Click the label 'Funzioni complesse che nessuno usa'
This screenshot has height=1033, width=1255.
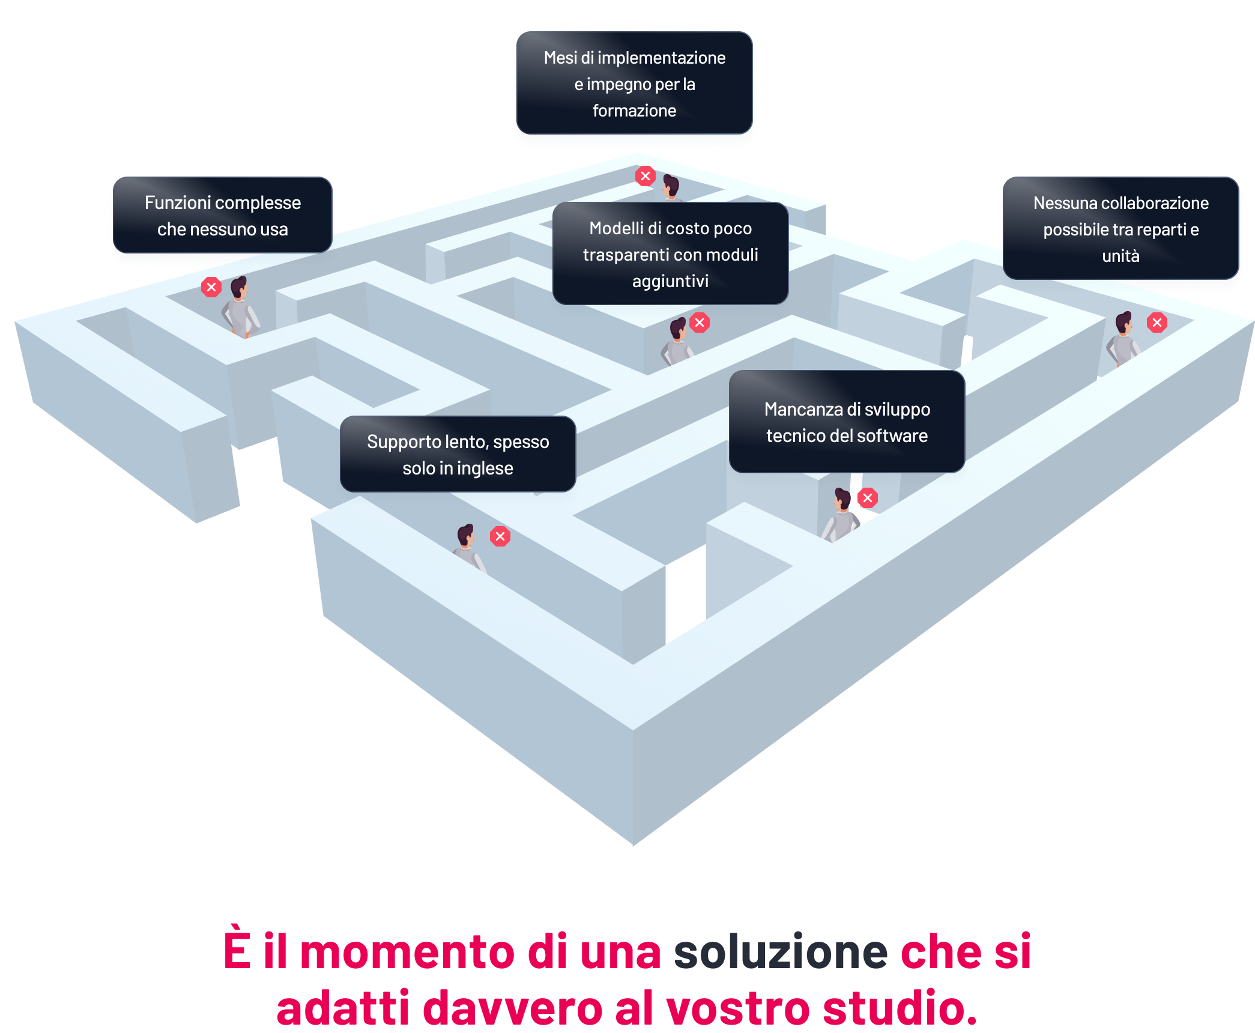(x=222, y=216)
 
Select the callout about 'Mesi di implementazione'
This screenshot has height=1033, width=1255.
(x=634, y=84)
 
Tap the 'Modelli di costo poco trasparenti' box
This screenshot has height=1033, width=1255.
(x=670, y=254)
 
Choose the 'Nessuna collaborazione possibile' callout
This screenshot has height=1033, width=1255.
(x=1120, y=229)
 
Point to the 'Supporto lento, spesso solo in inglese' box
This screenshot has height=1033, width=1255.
(x=458, y=455)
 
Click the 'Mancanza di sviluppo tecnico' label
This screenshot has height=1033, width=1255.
(x=847, y=422)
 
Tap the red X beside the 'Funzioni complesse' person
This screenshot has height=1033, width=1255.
(x=211, y=287)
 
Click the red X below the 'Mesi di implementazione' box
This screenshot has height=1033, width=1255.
(x=646, y=176)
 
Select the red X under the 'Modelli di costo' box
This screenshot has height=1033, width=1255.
(x=700, y=323)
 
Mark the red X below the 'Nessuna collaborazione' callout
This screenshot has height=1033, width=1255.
(x=1157, y=323)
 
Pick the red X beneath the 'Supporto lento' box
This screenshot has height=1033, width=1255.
(x=500, y=536)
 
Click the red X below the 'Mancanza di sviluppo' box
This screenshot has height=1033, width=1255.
(x=868, y=498)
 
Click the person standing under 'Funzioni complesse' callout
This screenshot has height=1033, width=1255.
(x=241, y=307)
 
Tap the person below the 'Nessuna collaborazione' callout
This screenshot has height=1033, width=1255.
(x=1122, y=339)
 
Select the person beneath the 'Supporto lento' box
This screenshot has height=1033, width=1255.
(x=468, y=547)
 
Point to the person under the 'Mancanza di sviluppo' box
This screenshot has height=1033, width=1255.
(x=841, y=515)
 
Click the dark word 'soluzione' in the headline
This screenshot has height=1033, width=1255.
(x=781, y=952)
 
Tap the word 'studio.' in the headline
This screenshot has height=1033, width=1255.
(x=900, y=1008)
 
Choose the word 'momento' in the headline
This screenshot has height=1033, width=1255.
(x=407, y=952)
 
